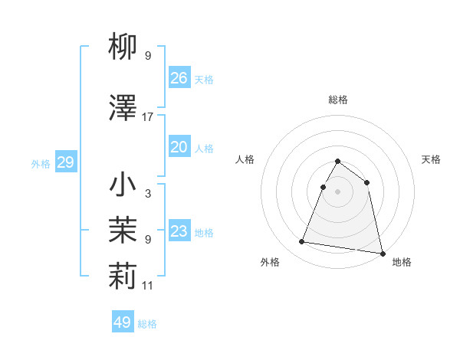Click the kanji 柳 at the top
(x=123, y=48)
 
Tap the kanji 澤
(x=123, y=109)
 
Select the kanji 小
(x=123, y=185)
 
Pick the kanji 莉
(x=123, y=278)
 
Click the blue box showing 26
(x=179, y=77)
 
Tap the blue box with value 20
(x=179, y=147)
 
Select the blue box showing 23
(x=179, y=231)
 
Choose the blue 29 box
(x=65, y=162)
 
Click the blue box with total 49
(x=123, y=322)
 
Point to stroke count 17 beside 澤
(x=148, y=117)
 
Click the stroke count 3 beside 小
(x=148, y=194)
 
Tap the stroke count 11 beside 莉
(x=148, y=286)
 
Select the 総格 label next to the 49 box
(x=147, y=324)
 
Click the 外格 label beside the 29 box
(x=41, y=164)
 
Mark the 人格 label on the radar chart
(x=245, y=159)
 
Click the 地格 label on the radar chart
(x=402, y=262)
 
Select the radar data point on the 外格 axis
(x=301, y=242)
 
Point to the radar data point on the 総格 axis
(x=337, y=162)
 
